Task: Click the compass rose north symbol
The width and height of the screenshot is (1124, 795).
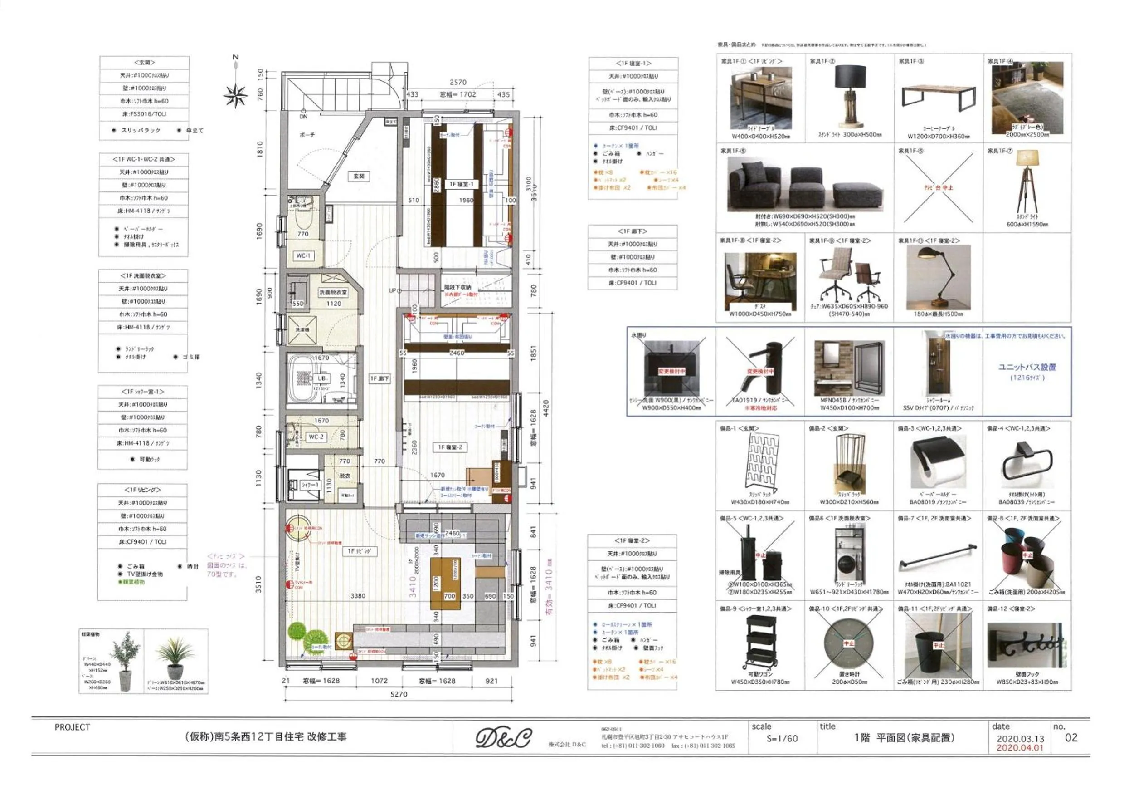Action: click(x=235, y=94)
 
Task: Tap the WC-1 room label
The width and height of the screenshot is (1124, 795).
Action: click(x=303, y=255)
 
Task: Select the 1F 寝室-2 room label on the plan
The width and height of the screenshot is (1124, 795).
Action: click(x=449, y=447)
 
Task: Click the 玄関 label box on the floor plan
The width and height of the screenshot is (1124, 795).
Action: click(x=359, y=176)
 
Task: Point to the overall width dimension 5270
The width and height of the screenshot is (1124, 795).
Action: click(x=399, y=694)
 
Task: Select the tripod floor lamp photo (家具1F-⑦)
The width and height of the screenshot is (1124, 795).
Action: click(x=1027, y=181)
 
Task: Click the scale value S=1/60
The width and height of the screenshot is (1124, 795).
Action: click(x=782, y=738)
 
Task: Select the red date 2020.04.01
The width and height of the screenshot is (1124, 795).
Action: click(x=1020, y=748)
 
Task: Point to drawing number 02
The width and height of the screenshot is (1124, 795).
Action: click(x=1071, y=738)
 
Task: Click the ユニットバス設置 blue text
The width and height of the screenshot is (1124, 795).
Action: click(x=1027, y=367)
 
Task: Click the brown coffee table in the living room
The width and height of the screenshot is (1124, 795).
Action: click(x=445, y=584)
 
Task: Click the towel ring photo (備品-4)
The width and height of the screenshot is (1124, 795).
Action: click(x=1026, y=463)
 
